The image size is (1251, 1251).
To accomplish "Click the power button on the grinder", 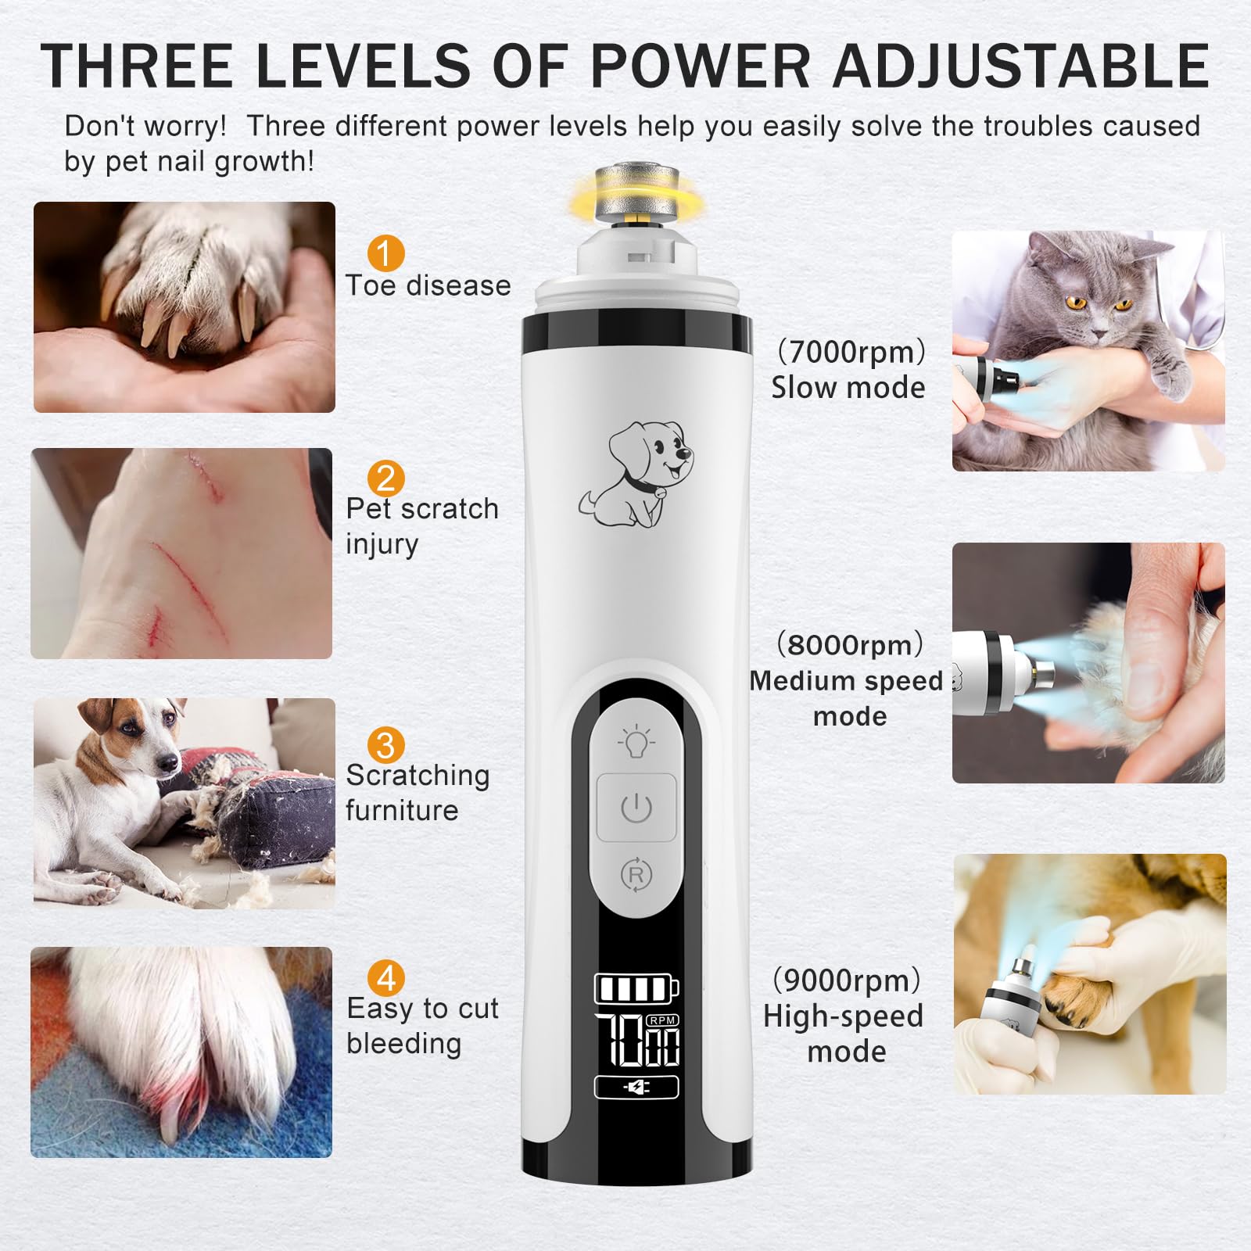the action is pos(636,808).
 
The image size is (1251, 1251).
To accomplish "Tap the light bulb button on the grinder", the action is pos(636,740).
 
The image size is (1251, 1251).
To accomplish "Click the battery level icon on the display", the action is pos(636,988).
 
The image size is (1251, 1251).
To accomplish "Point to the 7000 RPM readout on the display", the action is pos(637,1040).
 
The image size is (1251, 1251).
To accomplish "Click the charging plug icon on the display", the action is pos(636,1088).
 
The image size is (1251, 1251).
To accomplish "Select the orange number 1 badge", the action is pos(385,253).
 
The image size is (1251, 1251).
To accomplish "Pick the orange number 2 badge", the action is pos(385,479).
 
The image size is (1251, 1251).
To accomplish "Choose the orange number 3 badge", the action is pos(385,745).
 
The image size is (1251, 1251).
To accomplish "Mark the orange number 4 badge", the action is pos(385,978).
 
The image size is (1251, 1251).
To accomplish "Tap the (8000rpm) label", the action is pos(850,645).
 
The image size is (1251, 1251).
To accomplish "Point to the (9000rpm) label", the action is pos(847,980).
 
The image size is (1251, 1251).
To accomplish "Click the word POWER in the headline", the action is pos(701,65).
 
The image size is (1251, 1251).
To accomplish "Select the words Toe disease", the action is pos(428,285).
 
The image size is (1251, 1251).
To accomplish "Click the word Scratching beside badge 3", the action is pos(418,776).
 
